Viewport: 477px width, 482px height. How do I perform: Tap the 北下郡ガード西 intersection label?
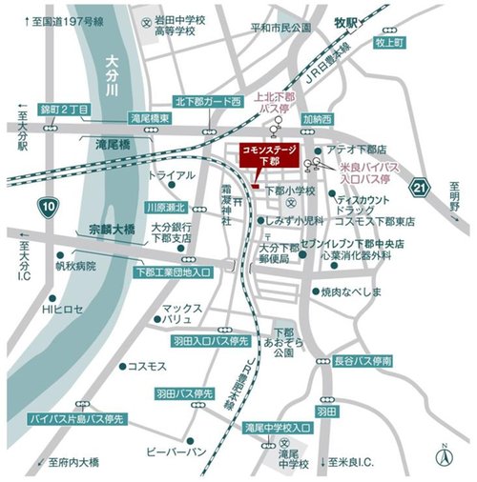pyautogui.click(x=208, y=100)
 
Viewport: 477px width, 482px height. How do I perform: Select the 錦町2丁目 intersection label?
pyautogui.click(x=63, y=110)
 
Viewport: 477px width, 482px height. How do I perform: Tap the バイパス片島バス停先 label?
pyautogui.click(x=75, y=418)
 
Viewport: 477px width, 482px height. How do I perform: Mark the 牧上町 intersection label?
pyautogui.click(x=390, y=43)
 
